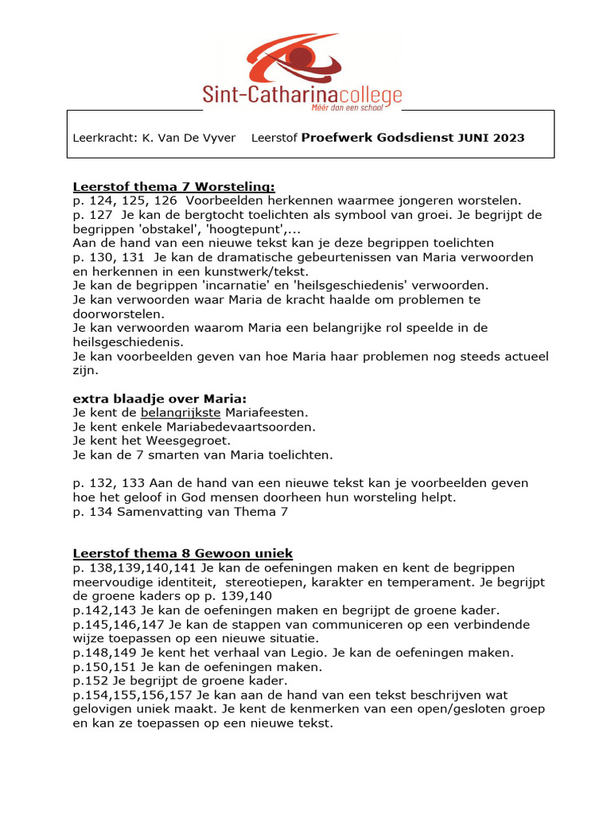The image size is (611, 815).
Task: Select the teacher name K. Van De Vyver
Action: point(189,138)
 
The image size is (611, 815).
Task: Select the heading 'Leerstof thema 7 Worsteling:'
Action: point(173,186)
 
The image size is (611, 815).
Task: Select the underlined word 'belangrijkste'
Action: point(181,412)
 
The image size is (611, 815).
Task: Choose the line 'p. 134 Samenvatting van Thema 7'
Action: point(180,512)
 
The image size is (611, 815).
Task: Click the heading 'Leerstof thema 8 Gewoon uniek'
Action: point(183,554)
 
